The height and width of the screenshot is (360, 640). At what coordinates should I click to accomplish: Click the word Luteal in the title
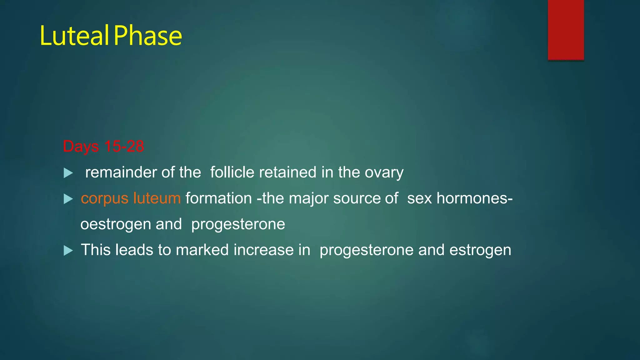point(74,36)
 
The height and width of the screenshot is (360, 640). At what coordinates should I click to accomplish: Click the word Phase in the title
point(148,36)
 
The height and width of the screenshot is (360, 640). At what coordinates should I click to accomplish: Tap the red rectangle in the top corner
point(566,30)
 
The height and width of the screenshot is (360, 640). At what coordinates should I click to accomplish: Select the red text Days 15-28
point(103,146)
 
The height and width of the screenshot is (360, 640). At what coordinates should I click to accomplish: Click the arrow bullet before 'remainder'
point(68,173)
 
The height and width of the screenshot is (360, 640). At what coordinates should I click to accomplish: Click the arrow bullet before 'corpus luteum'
point(68,199)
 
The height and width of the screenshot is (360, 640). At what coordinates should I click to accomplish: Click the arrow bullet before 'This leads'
point(68,250)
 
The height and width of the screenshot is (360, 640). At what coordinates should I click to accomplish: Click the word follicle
point(232,172)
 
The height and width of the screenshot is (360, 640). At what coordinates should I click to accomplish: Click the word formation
point(218,198)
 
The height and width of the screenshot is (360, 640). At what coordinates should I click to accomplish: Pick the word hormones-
point(474,198)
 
